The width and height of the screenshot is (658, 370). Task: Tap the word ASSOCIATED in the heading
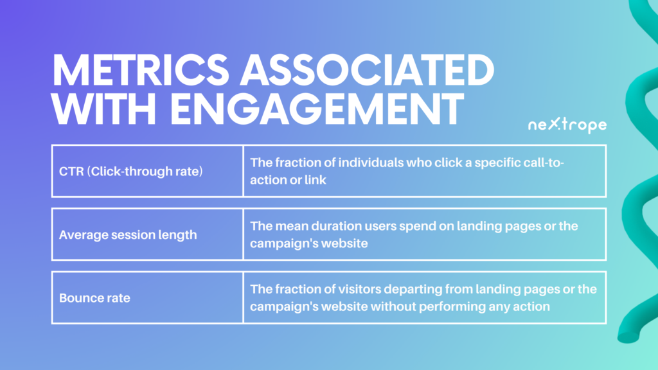[x=367, y=71]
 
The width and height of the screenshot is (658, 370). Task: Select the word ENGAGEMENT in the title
[x=317, y=109]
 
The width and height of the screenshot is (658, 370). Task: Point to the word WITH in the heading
[x=103, y=109]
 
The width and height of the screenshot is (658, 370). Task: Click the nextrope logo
[x=567, y=125]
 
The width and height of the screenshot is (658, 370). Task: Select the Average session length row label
[x=128, y=234]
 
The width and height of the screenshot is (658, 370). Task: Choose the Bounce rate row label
[x=95, y=298]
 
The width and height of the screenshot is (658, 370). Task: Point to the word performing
[x=452, y=307]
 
